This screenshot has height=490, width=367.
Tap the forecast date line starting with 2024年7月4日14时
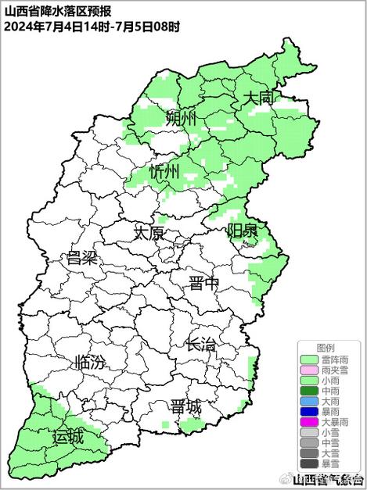tap(92, 26)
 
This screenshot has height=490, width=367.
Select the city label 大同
tap(258, 98)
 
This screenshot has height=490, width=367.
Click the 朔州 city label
tap(181, 119)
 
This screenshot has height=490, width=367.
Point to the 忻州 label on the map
tap(165, 172)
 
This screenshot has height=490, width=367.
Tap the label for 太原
tap(149, 233)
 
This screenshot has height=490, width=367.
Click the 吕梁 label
tap(82, 258)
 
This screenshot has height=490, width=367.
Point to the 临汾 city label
tap(88, 363)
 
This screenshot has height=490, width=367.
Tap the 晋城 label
tap(185, 406)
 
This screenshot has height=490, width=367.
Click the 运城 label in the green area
tap(68, 436)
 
